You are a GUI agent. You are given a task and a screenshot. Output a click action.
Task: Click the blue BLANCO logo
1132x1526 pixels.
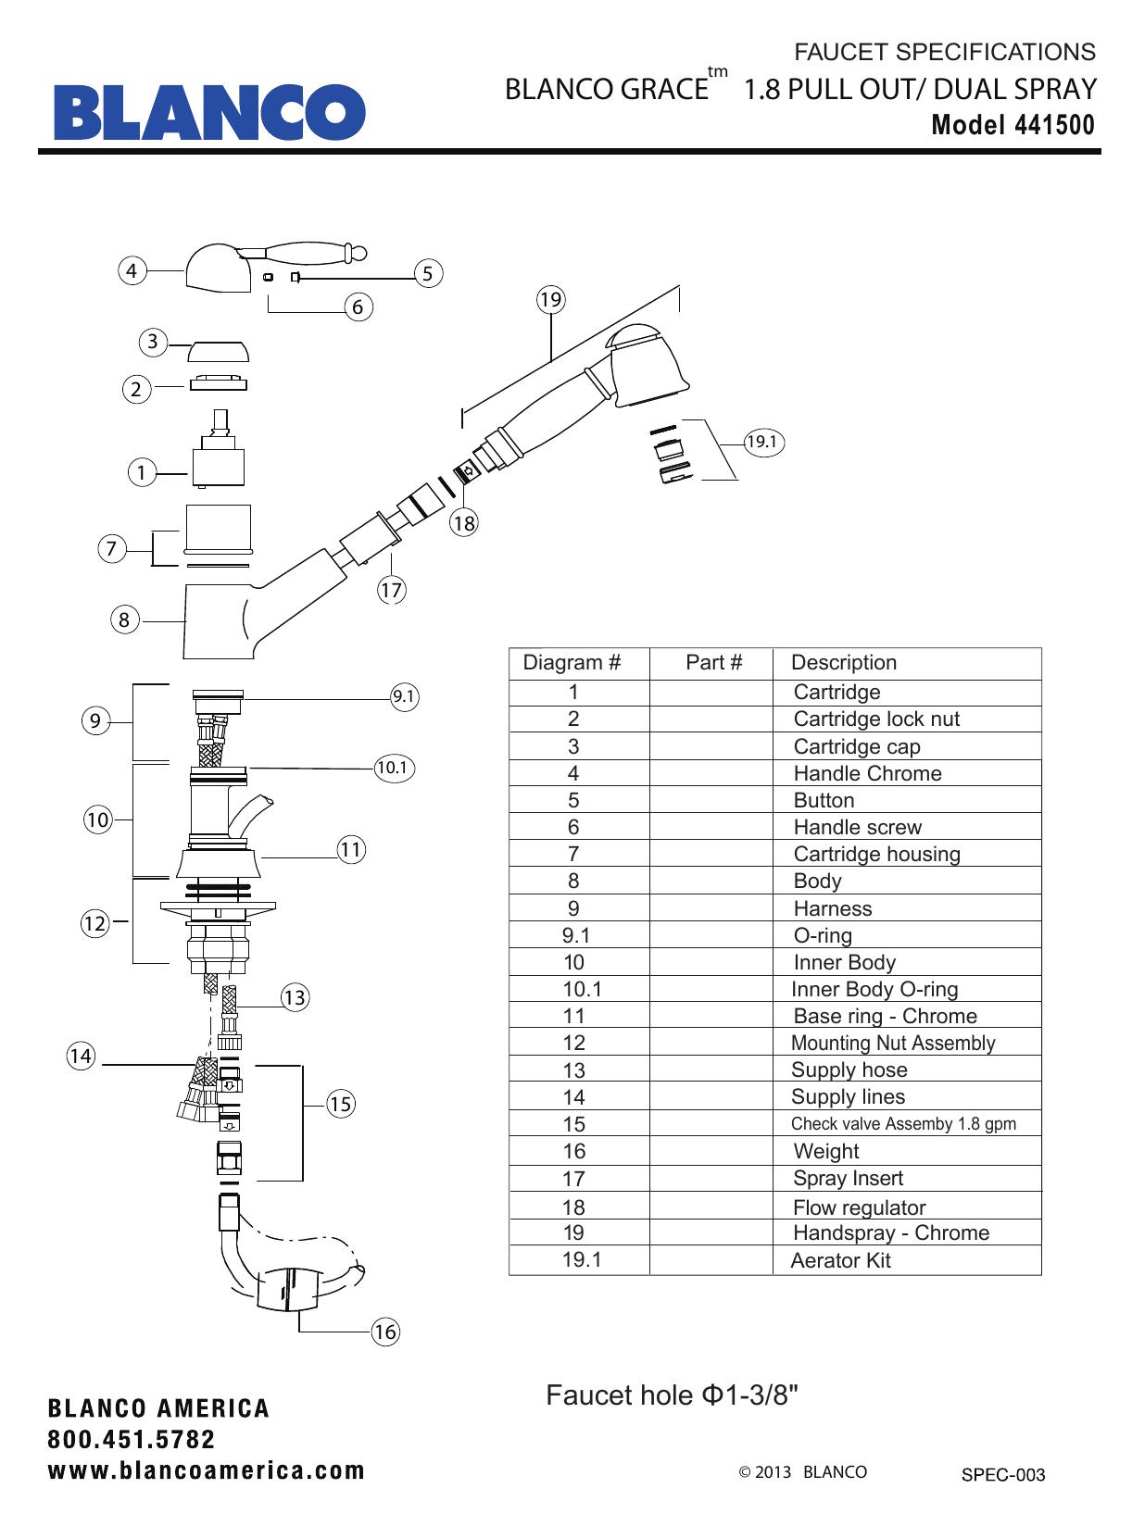pyautogui.click(x=209, y=112)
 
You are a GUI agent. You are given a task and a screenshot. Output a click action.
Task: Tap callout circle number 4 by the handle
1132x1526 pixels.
pyautogui.click(x=132, y=270)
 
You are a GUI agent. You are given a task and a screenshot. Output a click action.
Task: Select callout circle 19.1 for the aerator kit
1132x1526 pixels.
pyautogui.click(x=762, y=442)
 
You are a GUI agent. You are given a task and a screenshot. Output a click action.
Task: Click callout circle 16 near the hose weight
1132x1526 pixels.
pyautogui.click(x=384, y=1332)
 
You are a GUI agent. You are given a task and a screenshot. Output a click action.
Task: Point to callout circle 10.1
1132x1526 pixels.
pyautogui.click(x=393, y=767)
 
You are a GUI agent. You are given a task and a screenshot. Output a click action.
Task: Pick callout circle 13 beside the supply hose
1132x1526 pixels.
pyautogui.click(x=295, y=997)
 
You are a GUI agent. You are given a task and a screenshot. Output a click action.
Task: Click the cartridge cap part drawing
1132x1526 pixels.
pyautogui.click(x=219, y=351)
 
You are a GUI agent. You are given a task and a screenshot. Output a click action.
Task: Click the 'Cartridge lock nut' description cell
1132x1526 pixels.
pyautogui.click(x=875, y=719)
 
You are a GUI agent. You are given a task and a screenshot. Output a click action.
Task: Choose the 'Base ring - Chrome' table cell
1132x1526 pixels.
pyautogui.click(x=885, y=1016)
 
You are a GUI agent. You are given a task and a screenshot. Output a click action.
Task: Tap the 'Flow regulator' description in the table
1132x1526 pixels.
pyautogui.click(x=859, y=1207)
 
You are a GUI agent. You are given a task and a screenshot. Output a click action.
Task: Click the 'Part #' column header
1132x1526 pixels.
pyautogui.click(x=713, y=662)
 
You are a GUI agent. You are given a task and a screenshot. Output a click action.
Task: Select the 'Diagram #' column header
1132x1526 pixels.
pyautogui.click(x=572, y=662)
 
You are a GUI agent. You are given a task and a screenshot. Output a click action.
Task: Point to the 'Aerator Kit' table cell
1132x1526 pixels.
pyautogui.click(x=840, y=1260)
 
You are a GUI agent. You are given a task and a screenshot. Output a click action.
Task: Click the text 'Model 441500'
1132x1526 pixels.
pyautogui.click(x=1013, y=125)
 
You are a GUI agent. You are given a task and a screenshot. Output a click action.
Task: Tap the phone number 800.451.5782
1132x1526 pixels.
pyautogui.click(x=132, y=1440)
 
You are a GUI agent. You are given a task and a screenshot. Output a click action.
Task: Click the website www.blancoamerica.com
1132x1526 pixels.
pyautogui.click(x=207, y=1470)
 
